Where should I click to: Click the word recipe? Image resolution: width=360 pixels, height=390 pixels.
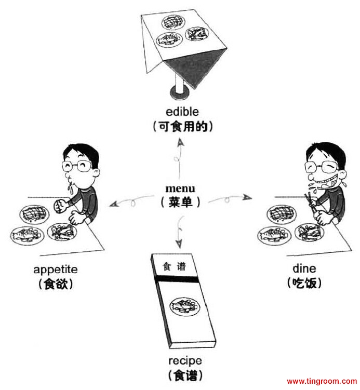(185, 360)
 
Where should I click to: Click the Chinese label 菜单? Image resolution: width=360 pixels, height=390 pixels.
(180, 203)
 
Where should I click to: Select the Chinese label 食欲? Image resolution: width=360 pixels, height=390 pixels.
(55, 284)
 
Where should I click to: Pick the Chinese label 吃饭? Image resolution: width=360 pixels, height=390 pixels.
(304, 283)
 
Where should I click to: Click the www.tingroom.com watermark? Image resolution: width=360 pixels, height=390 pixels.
(322, 382)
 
